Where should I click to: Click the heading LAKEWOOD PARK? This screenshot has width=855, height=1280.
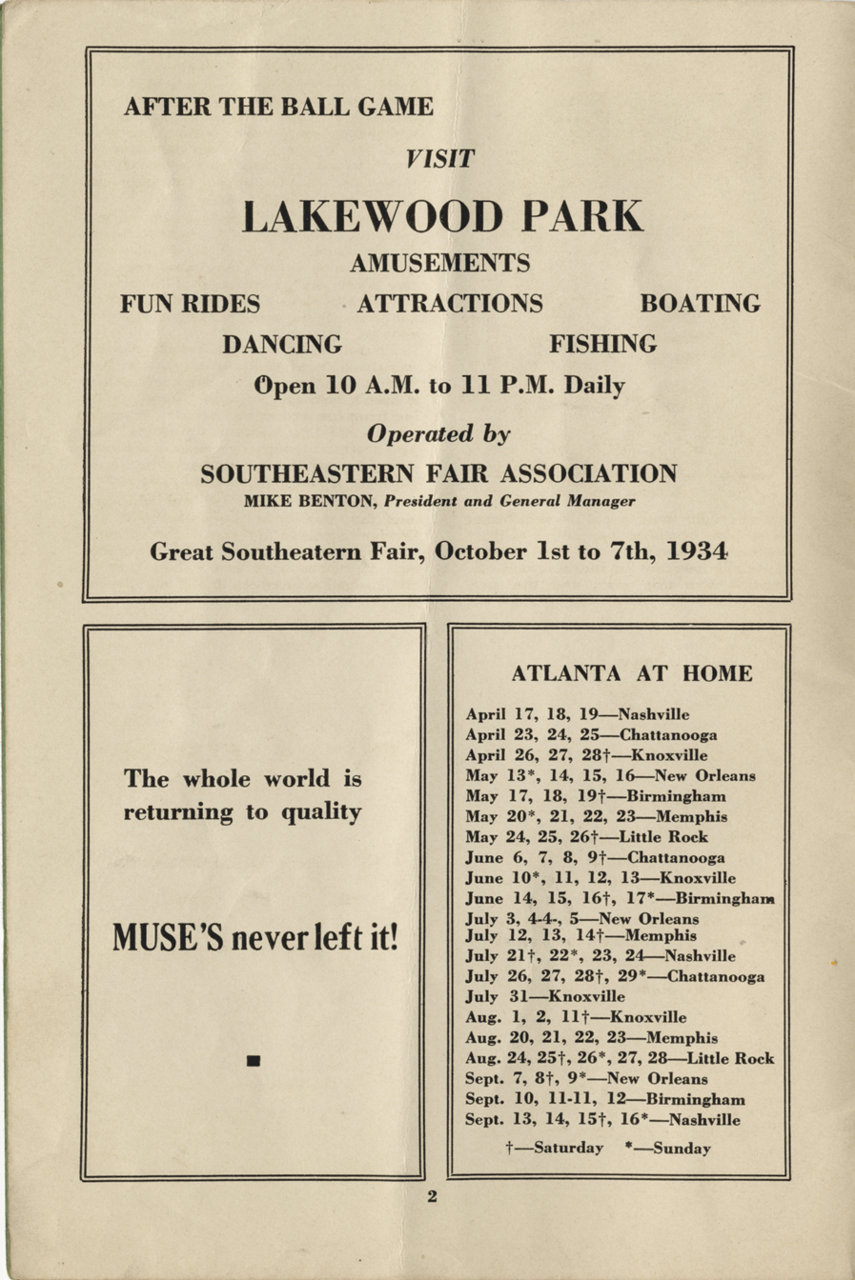tap(442, 216)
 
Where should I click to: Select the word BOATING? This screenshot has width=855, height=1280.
tap(701, 304)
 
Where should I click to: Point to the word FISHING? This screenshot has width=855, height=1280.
tap(602, 344)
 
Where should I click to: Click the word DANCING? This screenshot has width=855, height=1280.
tap(282, 344)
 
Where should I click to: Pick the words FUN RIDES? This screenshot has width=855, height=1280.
tap(190, 304)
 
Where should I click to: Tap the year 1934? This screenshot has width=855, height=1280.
tap(684, 551)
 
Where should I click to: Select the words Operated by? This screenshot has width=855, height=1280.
tap(438, 434)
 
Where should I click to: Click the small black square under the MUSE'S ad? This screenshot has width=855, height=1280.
tap(254, 1060)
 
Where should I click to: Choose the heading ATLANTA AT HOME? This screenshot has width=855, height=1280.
tap(632, 674)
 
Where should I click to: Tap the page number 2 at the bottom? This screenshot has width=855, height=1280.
tap(432, 1197)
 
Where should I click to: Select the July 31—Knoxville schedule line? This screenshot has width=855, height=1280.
tap(545, 996)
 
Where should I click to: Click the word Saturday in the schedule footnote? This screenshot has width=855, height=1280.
tap(568, 1148)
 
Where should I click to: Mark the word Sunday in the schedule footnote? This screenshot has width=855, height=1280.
tap(682, 1148)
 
